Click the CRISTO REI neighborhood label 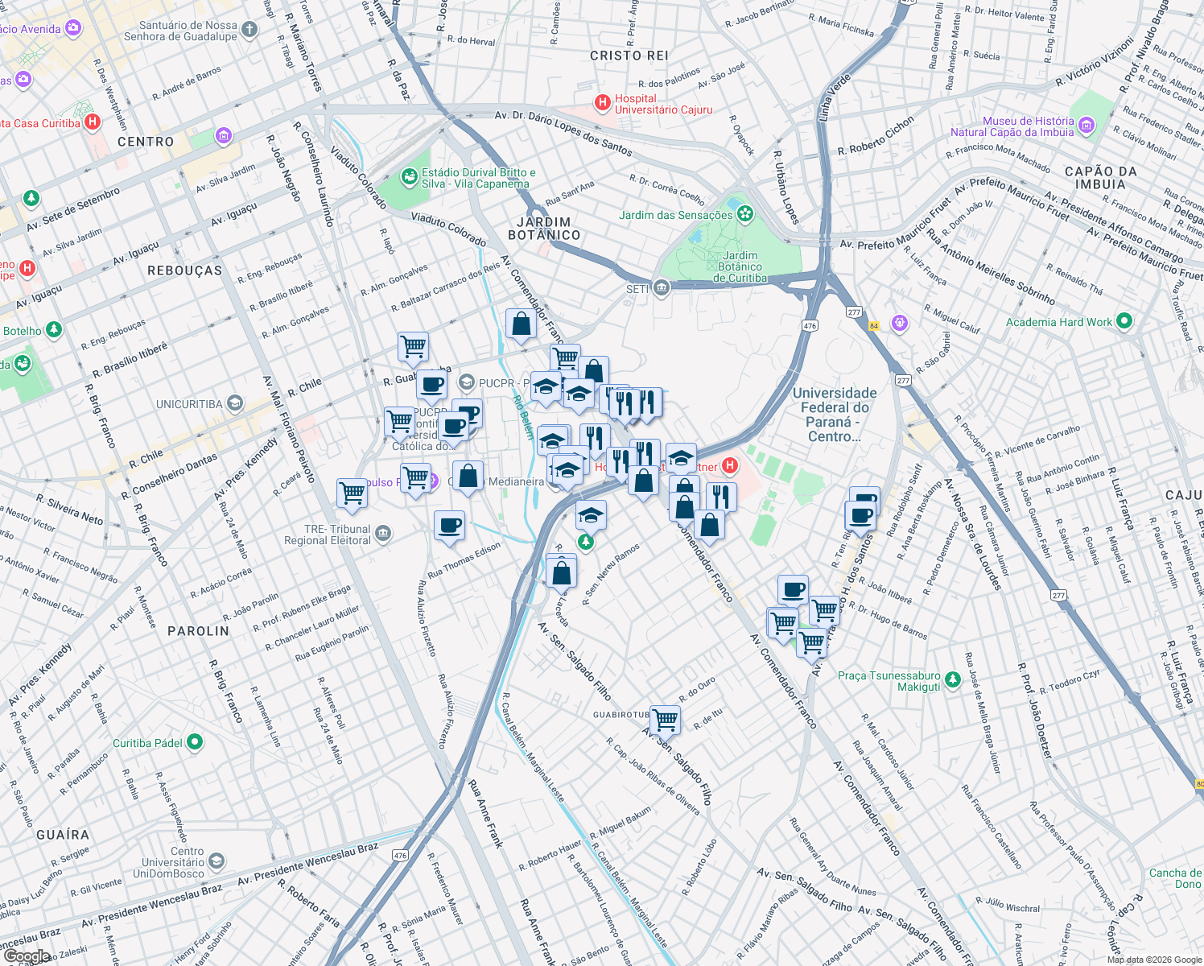coord(629,56)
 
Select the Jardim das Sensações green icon coord(745,214)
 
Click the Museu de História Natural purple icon coord(1086,126)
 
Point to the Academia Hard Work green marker coord(1124,322)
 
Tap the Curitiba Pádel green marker coord(195,742)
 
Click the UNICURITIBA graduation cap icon coord(234,403)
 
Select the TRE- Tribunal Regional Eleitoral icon coord(383,534)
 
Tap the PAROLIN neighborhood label coord(198,631)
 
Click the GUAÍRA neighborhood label coord(63,835)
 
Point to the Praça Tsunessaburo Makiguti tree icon coord(952,680)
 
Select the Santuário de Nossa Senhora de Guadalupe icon coord(249,31)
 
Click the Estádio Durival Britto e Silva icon coord(409,175)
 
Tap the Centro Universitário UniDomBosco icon coord(216,862)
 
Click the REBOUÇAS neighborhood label coord(184,270)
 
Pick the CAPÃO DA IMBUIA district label coord(1100,178)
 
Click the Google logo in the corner coord(27,956)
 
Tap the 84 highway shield coord(873,326)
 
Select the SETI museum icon coord(662,288)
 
